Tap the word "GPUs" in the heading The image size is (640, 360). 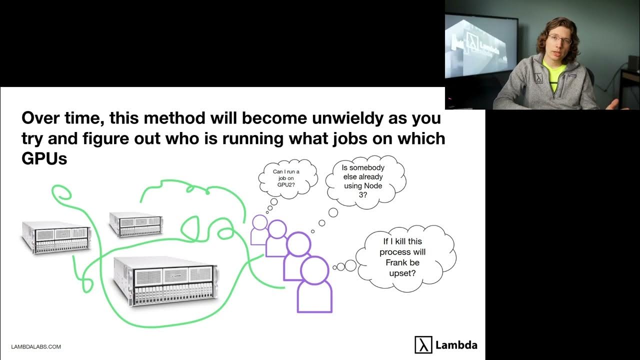pos(44,158)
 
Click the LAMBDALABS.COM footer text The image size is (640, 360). pos(36,346)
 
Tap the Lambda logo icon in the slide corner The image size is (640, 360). pos(423,345)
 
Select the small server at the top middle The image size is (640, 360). pos(136,224)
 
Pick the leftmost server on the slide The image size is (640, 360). pos(56,237)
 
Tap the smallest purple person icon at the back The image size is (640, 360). pos(259,229)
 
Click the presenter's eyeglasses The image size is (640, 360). pos(559,39)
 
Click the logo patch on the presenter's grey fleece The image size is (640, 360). pos(538,79)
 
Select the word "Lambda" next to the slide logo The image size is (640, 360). pos(456,345)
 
